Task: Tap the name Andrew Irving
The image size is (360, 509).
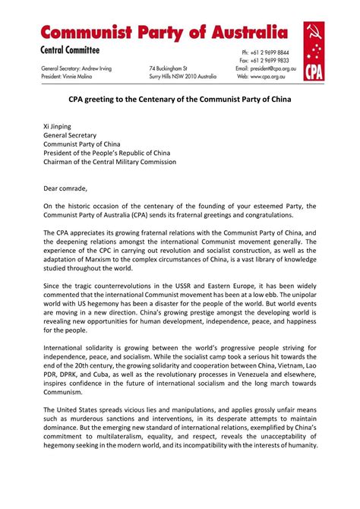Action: [94, 68]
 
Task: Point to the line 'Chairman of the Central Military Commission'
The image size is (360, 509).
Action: [109, 161]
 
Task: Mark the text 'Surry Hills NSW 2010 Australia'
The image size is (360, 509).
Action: [183, 77]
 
